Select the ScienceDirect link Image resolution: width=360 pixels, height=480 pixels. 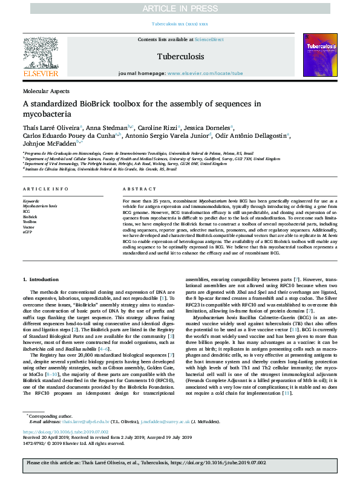pyautogui.click(x=209, y=39)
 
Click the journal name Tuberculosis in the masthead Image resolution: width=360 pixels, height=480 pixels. pyautogui.click(x=179, y=56)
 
